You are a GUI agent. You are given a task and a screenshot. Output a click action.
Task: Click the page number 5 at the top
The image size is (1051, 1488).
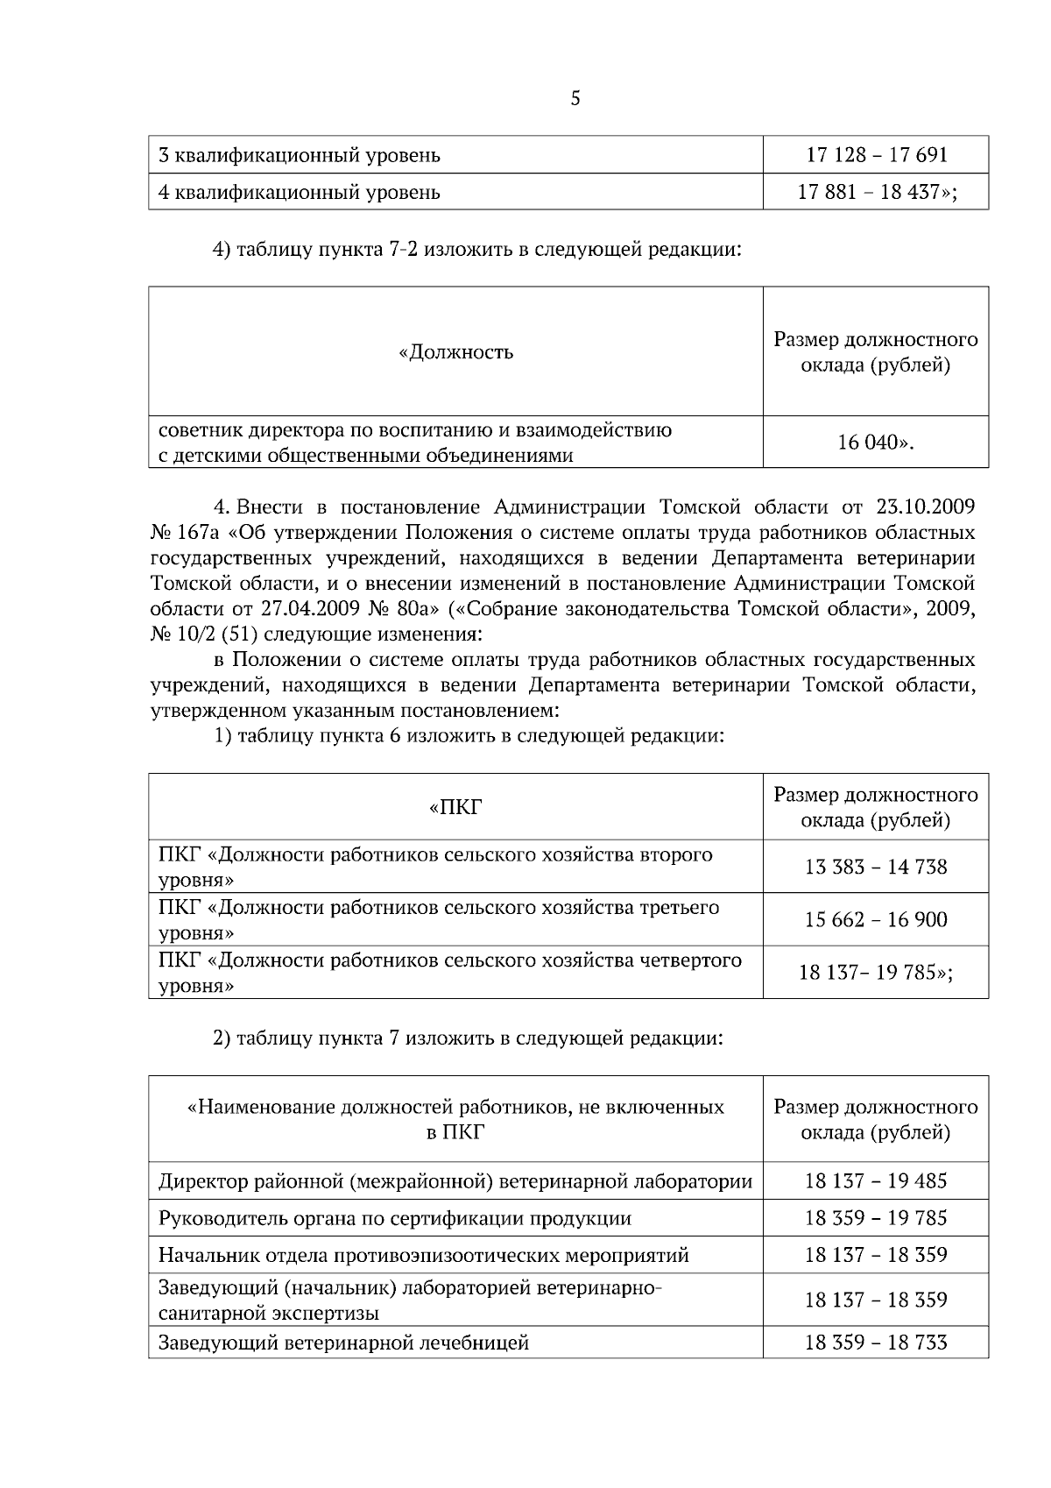(x=575, y=99)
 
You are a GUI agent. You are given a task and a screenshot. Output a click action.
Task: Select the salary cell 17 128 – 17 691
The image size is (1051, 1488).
(x=876, y=155)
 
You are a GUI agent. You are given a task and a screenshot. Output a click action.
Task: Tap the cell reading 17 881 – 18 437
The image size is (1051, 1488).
(x=876, y=192)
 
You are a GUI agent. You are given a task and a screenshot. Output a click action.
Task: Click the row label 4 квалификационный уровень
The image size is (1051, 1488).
(x=300, y=192)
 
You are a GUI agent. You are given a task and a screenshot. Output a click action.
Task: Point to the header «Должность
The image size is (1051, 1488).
(x=455, y=352)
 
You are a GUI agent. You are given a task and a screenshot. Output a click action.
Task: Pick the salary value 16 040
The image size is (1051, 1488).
(x=875, y=443)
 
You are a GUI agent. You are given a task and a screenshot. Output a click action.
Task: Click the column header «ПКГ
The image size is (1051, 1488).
(x=455, y=807)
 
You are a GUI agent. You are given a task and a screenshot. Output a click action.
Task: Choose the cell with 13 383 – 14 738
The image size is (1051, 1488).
(x=876, y=867)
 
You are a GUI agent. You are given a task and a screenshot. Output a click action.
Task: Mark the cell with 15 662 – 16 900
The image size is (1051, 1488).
(x=876, y=919)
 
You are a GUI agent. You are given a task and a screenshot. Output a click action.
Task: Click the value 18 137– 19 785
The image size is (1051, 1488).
(x=876, y=972)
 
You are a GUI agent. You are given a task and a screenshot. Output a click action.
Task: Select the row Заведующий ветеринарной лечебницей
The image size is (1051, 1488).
(x=343, y=1343)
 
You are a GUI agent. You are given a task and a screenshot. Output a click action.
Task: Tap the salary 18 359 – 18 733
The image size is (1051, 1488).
(x=876, y=1343)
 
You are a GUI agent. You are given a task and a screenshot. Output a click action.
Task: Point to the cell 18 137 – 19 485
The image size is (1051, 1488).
(x=876, y=1181)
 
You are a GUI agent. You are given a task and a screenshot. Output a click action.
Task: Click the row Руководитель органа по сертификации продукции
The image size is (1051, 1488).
(x=394, y=1218)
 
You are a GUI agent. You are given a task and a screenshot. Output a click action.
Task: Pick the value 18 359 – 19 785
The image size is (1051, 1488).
(x=876, y=1218)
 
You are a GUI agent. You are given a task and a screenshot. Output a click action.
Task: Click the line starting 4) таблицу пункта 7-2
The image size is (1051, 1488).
(x=478, y=250)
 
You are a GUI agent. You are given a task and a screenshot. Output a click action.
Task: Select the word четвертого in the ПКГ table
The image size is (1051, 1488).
(x=692, y=960)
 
